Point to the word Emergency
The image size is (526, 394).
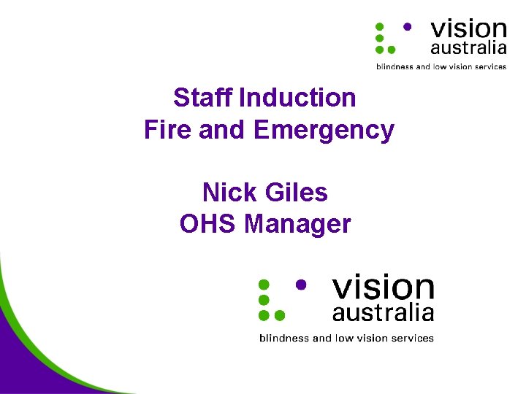pyautogui.click(x=324, y=131)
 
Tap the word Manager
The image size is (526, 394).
pyautogui.click(x=298, y=225)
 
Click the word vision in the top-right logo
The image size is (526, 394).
pyautogui.click(x=468, y=29)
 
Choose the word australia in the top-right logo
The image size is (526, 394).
pyautogui.click(x=468, y=49)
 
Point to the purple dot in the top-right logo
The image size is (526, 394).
pyautogui.click(x=407, y=26)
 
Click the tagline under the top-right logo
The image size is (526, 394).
pyautogui.click(x=441, y=66)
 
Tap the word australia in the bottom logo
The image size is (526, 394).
pyautogui.click(x=383, y=314)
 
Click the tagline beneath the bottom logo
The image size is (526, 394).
pyautogui.click(x=346, y=338)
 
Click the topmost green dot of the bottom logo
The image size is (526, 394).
pyautogui.click(x=264, y=285)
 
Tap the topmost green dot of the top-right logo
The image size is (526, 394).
pyautogui.click(x=379, y=26)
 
